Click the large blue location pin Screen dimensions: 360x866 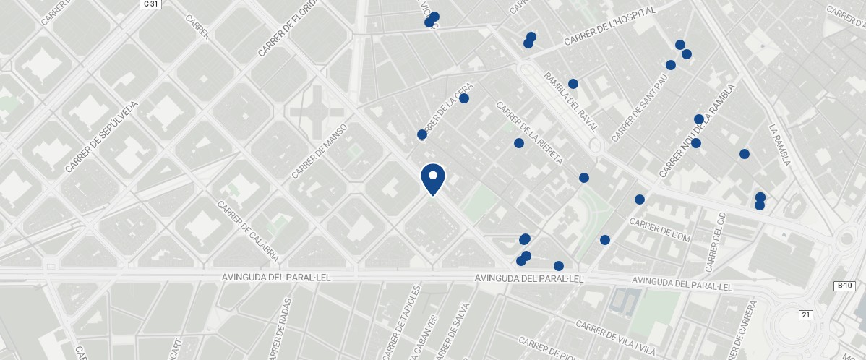(432, 179)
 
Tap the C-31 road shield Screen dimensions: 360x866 (150, 4)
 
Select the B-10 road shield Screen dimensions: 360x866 (844, 286)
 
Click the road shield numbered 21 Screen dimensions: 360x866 (806, 314)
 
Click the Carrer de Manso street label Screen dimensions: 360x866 (320, 151)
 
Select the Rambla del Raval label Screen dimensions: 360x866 (571, 101)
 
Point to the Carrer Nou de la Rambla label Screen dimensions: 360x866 (697, 131)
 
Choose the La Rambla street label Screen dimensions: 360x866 (779, 145)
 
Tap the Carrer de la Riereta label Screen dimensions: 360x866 (529, 133)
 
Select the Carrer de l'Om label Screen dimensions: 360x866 (661, 230)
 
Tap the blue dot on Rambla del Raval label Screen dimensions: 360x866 (573, 84)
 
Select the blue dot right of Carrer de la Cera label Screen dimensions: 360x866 (464, 98)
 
